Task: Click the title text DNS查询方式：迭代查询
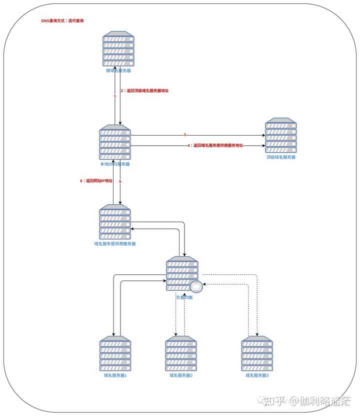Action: click(62, 22)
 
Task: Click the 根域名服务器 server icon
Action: click(118, 49)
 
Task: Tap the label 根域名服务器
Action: click(118, 71)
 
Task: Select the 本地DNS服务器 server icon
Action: click(115, 143)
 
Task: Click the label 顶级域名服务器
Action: click(281, 157)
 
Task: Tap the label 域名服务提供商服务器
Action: click(115, 244)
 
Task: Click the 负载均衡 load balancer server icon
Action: click(181, 273)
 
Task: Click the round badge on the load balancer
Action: click(196, 287)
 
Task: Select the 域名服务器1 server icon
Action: click(115, 353)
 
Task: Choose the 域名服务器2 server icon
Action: click(181, 353)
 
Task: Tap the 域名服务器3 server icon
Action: click(257, 353)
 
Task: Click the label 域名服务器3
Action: click(257, 375)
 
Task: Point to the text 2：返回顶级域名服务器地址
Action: click(144, 91)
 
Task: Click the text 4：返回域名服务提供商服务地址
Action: click(215, 145)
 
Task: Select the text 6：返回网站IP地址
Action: click(96, 181)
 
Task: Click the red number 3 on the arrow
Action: click(184, 135)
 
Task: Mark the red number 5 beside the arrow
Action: click(120, 181)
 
